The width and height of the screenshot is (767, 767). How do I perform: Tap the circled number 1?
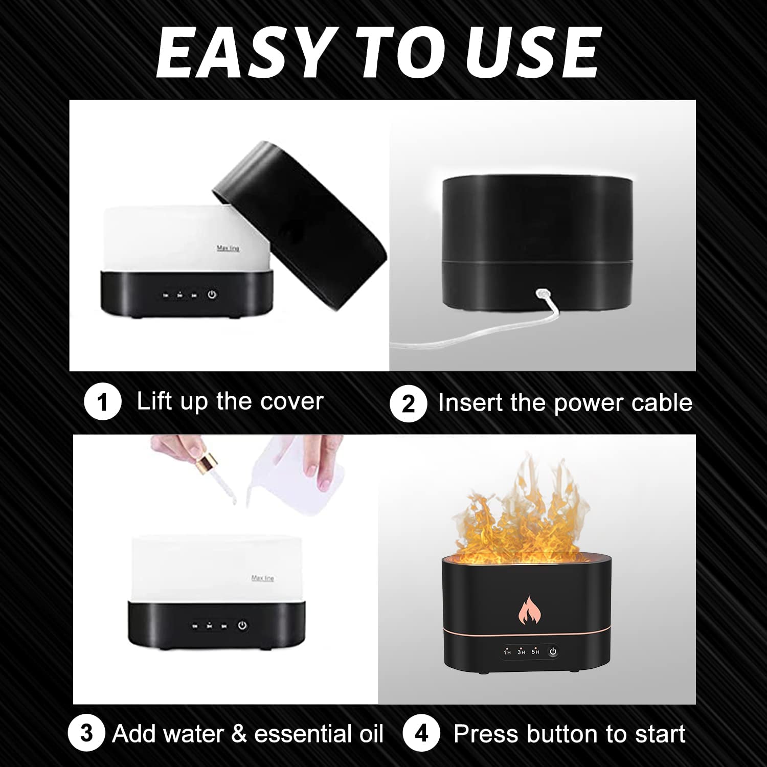click(103, 402)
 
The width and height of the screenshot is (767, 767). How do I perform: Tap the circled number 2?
click(408, 403)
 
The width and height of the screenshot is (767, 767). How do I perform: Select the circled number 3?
click(86, 733)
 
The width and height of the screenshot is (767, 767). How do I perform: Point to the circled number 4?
click(421, 734)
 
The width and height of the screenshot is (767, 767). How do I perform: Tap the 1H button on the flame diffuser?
click(507, 651)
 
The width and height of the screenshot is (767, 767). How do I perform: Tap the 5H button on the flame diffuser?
click(535, 651)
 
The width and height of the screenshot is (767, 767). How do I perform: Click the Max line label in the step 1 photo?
click(228, 248)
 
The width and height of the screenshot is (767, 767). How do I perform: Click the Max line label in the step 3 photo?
click(263, 578)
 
